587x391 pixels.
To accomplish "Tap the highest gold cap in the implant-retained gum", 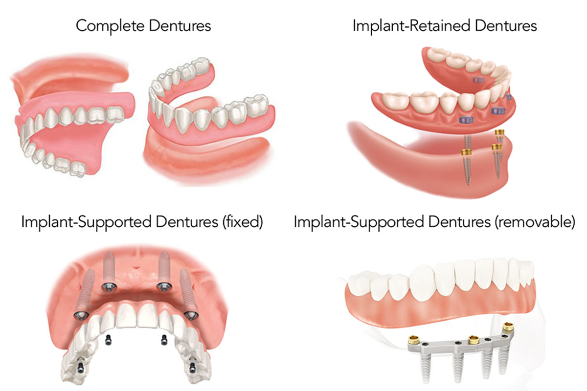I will coord(500,132).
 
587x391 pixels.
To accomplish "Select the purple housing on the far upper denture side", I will coord(478,79).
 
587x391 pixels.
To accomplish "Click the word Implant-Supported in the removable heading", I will coord(361,222).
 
